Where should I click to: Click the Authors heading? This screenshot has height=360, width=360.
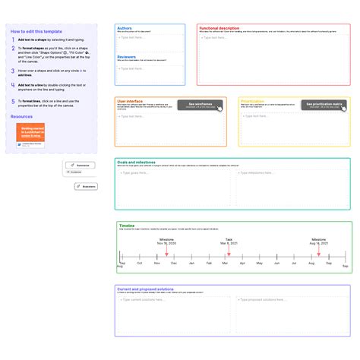(x=125, y=28)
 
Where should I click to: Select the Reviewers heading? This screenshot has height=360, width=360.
(x=127, y=56)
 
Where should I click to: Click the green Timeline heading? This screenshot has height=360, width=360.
(x=126, y=225)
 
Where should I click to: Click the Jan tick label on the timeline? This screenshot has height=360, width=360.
(x=190, y=264)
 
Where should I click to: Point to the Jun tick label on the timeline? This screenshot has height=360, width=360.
(x=276, y=264)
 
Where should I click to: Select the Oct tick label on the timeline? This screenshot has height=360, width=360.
(x=138, y=264)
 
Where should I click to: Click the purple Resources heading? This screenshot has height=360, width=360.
(x=22, y=116)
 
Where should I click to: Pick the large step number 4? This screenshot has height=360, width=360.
(x=13, y=73)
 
